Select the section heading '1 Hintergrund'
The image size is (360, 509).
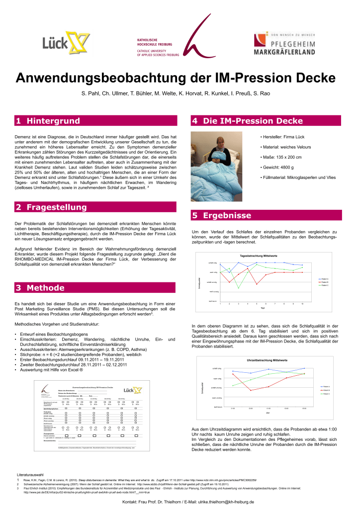click(x=48, y=121)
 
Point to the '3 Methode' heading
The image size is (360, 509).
click(x=40, y=287)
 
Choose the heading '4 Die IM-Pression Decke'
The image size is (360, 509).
click(x=247, y=121)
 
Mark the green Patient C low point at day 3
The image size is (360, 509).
click(x=239, y=288)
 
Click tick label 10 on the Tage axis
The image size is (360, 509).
click(x=303, y=304)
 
